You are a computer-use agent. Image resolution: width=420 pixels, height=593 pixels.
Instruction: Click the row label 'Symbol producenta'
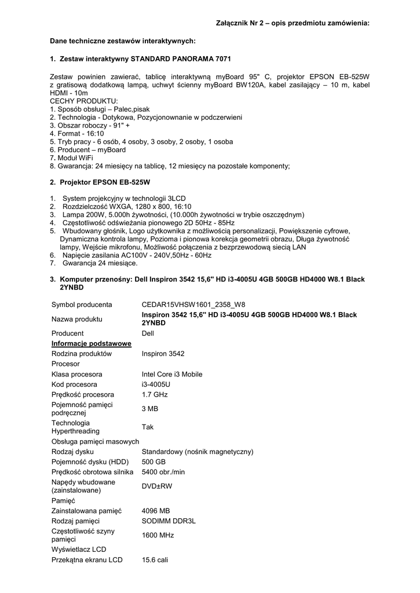tap(82, 304)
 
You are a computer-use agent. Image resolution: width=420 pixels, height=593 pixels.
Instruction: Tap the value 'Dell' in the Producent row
tap(148, 334)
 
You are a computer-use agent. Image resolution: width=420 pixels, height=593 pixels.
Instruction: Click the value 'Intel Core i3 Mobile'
tap(172, 374)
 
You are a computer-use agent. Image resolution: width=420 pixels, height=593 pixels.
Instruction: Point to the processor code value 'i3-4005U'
tap(156, 384)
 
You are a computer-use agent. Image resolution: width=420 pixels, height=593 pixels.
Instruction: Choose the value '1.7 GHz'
tap(155, 394)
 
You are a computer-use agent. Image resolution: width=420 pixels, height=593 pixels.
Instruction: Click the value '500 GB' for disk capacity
tap(154, 462)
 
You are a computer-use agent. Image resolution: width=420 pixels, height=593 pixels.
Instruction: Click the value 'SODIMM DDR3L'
tap(169, 521)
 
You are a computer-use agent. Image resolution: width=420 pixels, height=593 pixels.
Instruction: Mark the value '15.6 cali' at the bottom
tap(155, 560)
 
